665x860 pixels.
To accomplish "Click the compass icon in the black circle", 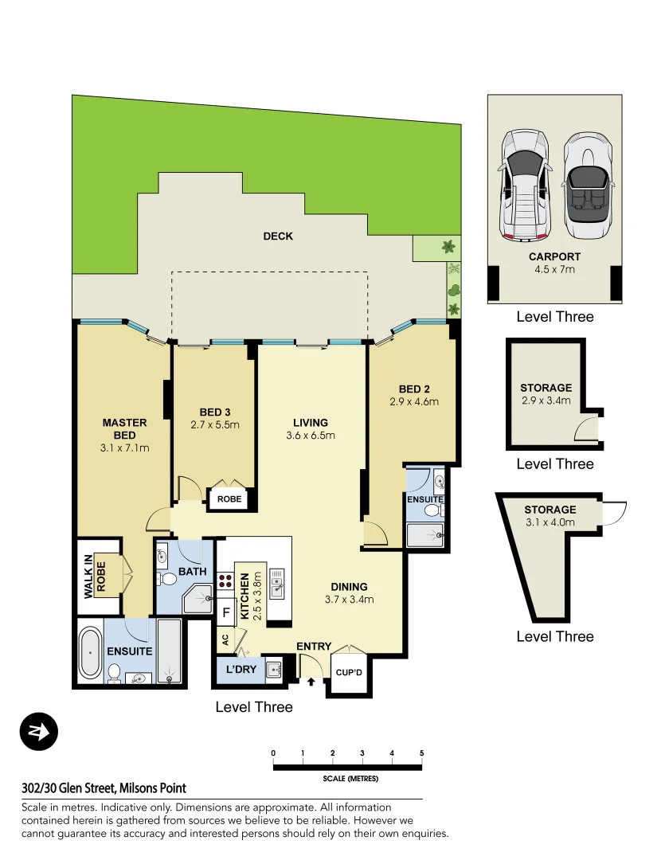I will pyautogui.click(x=39, y=731).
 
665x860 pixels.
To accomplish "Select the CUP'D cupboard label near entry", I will pyautogui.click(x=349, y=672).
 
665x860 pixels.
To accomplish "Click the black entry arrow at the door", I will pyautogui.click(x=311, y=682).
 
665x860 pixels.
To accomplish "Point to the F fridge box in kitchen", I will pyautogui.click(x=226, y=612).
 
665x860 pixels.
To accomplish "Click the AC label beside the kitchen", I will pyautogui.click(x=225, y=639).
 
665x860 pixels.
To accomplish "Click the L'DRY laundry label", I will pyautogui.click(x=241, y=669).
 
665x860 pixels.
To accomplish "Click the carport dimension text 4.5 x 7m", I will pyautogui.click(x=554, y=269).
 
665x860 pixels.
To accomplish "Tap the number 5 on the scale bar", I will pyautogui.click(x=421, y=753).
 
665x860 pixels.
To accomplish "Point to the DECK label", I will pyautogui.click(x=278, y=236).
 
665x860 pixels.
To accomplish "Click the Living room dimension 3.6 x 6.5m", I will pyautogui.click(x=311, y=436).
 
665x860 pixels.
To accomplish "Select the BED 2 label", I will pyautogui.click(x=414, y=389).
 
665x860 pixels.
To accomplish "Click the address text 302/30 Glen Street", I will pyautogui.click(x=104, y=788).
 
